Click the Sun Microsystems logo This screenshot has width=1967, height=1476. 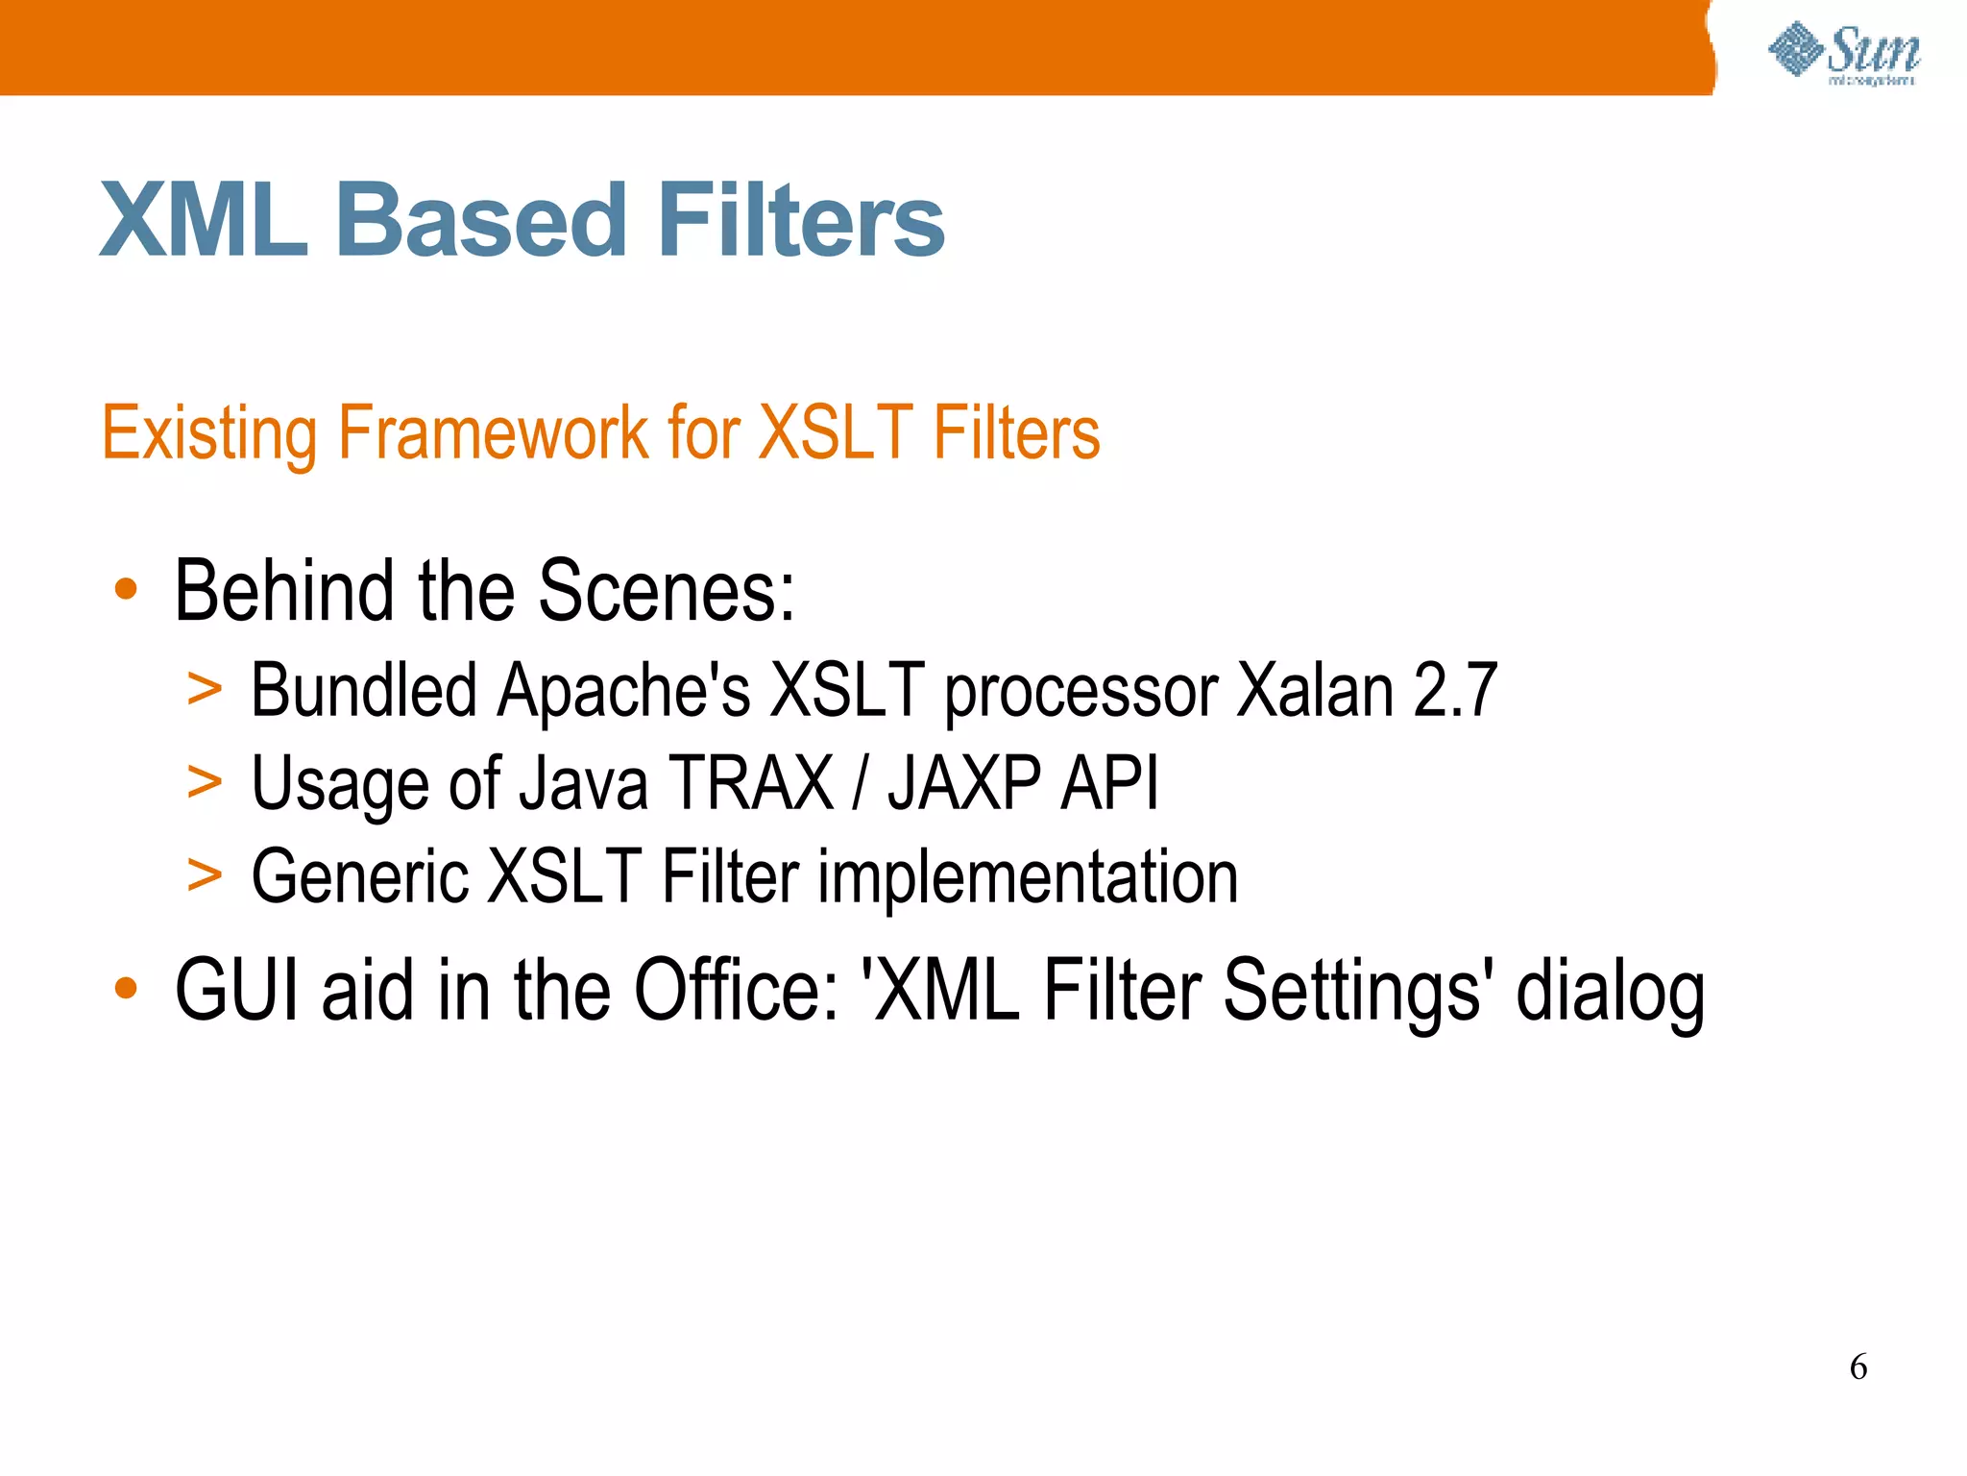click(1844, 53)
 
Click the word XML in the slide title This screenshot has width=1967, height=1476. click(204, 221)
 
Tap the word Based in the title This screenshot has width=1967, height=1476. click(480, 221)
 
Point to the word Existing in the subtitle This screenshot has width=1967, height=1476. click(209, 434)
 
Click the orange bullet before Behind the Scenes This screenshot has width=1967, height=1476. click(126, 588)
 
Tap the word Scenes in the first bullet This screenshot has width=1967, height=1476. click(666, 591)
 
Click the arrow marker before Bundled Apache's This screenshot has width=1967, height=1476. click(205, 688)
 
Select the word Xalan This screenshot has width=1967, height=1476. click(1315, 690)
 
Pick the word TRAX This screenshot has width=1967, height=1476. click(751, 783)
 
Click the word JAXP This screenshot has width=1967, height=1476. click(963, 783)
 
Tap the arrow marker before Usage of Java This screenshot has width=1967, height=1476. click(205, 780)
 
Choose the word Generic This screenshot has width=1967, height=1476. click(360, 876)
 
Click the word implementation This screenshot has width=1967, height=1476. click(1028, 876)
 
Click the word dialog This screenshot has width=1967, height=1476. click(1610, 992)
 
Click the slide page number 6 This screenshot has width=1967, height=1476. click(1858, 1366)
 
